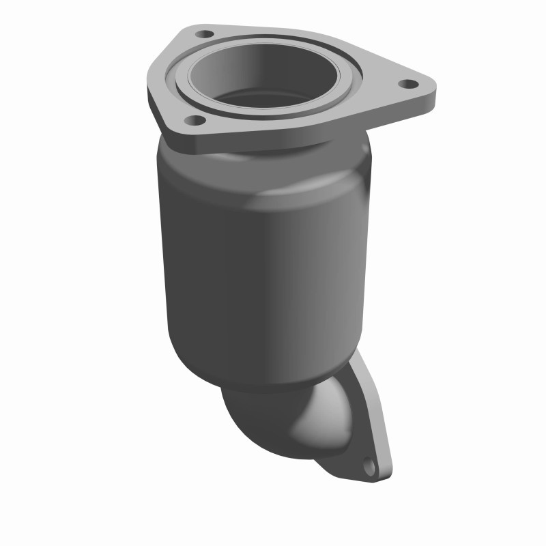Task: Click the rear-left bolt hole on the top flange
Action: click(203, 32)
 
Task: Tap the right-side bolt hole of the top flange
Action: click(407, 84)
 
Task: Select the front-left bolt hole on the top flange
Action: click(193, 120)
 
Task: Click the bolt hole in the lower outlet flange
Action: click(369, 468)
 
